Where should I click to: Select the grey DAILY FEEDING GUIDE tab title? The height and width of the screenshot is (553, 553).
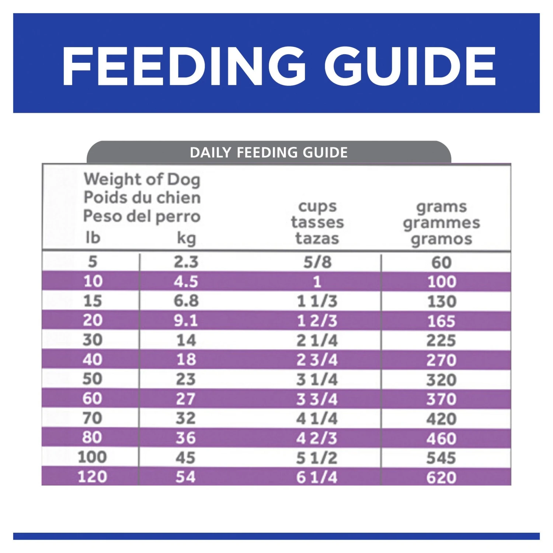click(x=269, y=152)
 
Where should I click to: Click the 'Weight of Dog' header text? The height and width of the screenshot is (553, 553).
click(x=142, y=180)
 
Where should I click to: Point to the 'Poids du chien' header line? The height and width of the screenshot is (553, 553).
click(x=142, y=198)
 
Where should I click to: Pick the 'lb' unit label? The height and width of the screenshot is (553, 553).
click(x=93, y=238)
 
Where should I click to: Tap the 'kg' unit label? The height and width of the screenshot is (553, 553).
click(x=186, y=239)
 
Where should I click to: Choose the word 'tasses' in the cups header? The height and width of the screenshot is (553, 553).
click(x=317, y=222)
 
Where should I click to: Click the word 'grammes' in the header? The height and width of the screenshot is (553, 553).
click(x=441, y=223)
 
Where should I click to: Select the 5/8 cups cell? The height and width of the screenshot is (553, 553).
click(x=317, y=262)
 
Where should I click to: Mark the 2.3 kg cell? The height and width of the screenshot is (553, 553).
click(x=186, y=262)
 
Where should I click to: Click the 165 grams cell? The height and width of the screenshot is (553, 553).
click(x=441, y=321)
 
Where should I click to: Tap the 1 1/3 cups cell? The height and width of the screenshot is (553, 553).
click(x=317, y=302)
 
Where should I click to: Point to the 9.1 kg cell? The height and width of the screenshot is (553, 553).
click(x=186, y=321)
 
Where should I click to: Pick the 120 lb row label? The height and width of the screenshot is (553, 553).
click(x=92, y=477)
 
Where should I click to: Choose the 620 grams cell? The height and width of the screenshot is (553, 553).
click(x=441, y=478)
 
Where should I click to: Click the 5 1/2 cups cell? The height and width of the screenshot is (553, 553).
click(x=317, y=458)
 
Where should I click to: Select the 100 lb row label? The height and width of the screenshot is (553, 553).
click(x=92, y=457)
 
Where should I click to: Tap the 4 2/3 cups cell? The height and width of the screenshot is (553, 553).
click(x=317, y=438)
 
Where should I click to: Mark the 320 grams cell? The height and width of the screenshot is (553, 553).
click(x=441, y=380)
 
